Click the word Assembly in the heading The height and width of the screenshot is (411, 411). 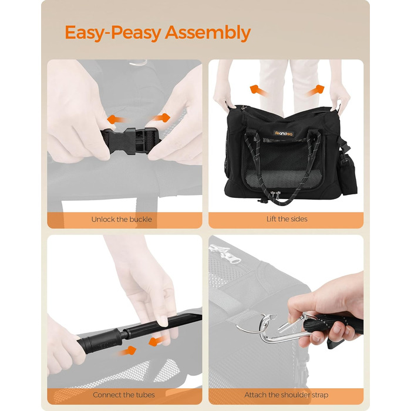tap(208, 33)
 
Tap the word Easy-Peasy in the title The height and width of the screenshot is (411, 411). tap(113, 33)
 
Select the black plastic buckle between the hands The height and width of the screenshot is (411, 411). tap(130, 141)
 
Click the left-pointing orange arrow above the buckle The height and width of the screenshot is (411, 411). tap(117, 120)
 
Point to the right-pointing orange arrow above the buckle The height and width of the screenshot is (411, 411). tap(160, 117)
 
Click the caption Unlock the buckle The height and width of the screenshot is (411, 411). tap(122, 220)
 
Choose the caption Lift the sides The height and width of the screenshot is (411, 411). tap(287, 219)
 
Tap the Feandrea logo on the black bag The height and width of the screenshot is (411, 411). tap(284, 133)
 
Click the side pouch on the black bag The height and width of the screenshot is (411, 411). tap(348, 174)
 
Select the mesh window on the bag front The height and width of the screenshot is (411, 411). tap(284, 163)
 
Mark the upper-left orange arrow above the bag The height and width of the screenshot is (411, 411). tap(258, 90)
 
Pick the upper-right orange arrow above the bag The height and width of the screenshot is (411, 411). tap(316, 90)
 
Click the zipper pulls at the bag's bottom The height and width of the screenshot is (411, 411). tap(275, 195)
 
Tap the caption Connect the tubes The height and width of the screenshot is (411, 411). tap(124, 395)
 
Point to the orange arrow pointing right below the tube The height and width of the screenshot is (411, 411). tap(127, 351)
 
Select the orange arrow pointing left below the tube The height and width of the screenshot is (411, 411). tap(158, 341)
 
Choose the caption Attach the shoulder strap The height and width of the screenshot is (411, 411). tap(287, 395)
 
